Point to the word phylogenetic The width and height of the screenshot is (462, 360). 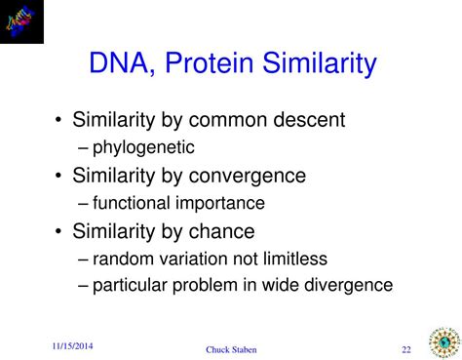coord(143,147)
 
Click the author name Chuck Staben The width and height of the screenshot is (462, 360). coord(232,350)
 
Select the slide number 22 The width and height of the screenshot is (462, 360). coord(405,349)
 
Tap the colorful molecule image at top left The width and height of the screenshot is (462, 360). coord(25,20)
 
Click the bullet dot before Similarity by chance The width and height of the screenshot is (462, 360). coord(59,232)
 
